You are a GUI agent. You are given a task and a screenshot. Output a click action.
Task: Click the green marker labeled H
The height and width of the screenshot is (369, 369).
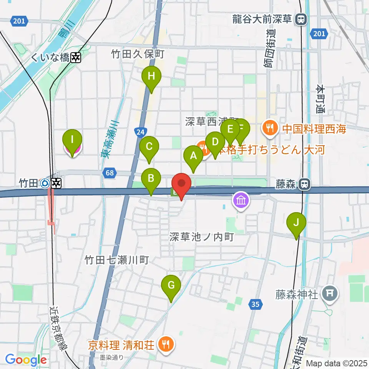(151, 76)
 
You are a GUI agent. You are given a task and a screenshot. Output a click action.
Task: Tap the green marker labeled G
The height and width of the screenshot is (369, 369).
(171, 286)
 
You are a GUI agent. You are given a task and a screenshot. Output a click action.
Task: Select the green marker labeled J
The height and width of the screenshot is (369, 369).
(296, 223)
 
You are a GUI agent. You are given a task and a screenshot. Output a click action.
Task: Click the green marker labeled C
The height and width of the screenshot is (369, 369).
(149, 147)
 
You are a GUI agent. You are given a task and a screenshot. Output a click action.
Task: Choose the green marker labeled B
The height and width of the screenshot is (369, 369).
(151, 179)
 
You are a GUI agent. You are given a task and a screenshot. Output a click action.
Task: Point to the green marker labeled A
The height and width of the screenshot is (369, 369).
(193, 156)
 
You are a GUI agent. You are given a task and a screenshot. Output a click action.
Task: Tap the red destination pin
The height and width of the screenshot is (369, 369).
(181, 184)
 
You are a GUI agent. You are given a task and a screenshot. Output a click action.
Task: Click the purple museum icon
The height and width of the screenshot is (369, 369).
(241, 200)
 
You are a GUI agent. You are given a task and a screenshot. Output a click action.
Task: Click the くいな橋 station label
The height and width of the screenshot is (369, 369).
(50, 58)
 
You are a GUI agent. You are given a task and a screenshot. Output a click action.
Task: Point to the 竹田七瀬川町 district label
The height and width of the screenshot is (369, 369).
(116, 261)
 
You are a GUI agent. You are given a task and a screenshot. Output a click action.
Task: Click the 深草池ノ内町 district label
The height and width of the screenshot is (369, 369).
(201, 237)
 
